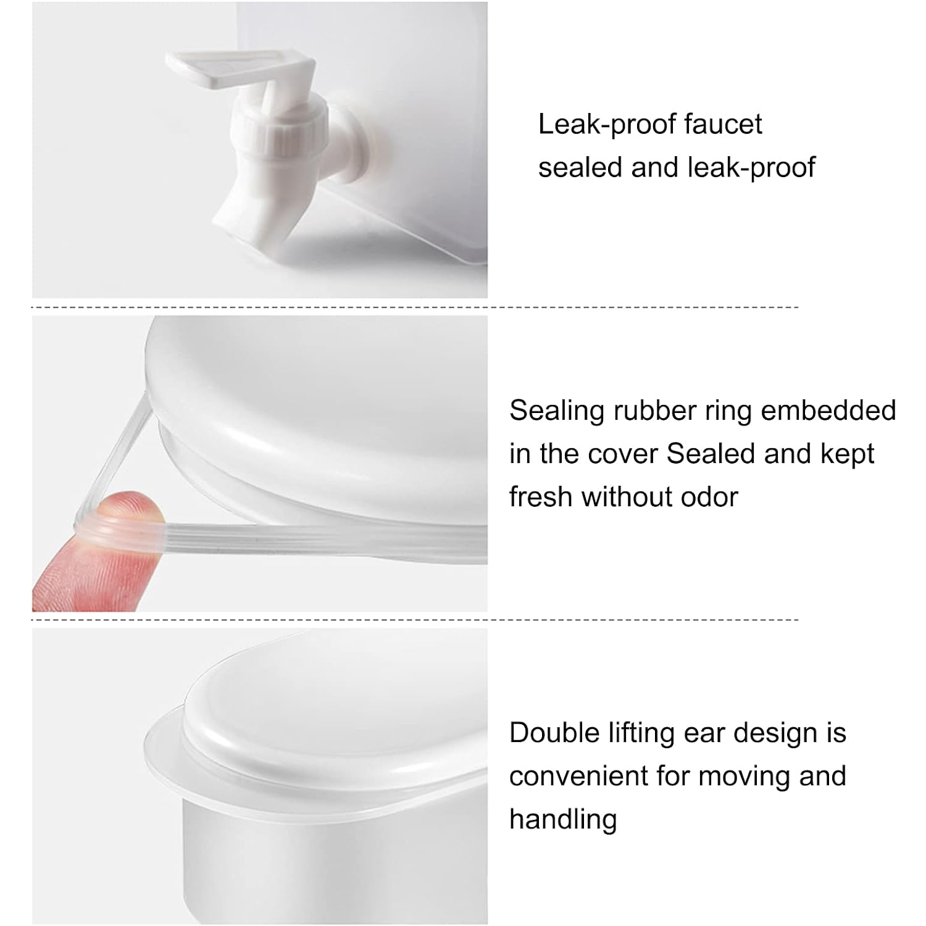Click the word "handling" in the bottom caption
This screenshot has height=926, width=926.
[x=563, y=820]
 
